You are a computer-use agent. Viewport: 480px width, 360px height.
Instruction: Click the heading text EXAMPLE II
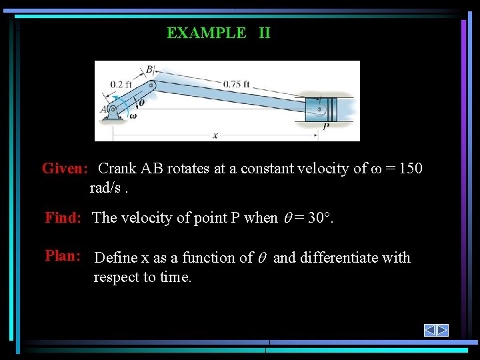219,33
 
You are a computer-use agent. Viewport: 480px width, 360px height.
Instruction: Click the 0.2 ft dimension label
121,85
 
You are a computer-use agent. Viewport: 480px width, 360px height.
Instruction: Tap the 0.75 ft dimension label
237,84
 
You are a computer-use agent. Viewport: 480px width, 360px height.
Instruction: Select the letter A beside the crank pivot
103,110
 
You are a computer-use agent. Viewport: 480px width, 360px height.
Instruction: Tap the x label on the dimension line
215,135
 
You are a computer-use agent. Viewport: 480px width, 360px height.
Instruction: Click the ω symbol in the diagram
133,115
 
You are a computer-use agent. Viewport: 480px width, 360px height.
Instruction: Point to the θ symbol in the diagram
140,102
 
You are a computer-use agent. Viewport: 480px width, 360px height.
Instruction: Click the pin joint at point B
152,85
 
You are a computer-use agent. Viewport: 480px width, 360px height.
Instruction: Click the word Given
65,168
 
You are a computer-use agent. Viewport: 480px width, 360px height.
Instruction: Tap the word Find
63,217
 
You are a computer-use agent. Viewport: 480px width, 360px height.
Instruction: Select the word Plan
63,256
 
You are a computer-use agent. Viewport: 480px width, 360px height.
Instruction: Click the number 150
407,168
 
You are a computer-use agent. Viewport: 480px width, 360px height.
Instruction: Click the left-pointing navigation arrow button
430,330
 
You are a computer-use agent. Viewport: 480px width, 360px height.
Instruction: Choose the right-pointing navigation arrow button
443,330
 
